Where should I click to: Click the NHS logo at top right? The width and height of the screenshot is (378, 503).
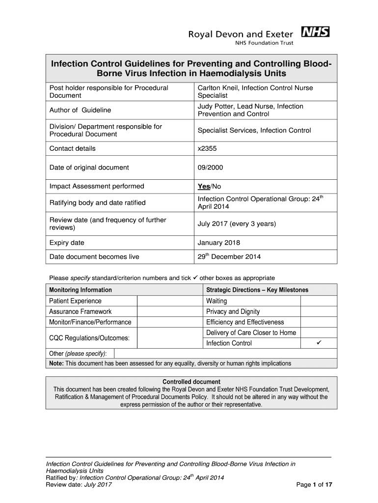click(315, 32)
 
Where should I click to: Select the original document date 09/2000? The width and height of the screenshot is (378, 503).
click(210, 168)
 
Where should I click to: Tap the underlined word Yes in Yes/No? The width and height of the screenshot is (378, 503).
click(203, 187)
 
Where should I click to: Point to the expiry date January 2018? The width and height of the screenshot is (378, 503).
click(218, 243)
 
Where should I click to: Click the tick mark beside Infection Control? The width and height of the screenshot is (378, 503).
click(318, 343)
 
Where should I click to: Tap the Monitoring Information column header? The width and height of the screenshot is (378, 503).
click(81, 290)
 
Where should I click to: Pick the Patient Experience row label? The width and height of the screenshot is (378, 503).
click(75, 301)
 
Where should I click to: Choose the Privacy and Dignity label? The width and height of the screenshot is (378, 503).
click(233, 311)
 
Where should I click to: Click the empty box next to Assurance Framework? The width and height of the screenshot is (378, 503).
click(169, 311)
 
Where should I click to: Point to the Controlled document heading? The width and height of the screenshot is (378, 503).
click(191, 382)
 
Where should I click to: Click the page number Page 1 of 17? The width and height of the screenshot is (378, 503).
click(315, 485)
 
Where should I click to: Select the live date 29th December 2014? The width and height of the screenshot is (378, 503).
click(229, 256)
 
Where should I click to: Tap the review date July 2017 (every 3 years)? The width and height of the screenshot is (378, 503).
click(237, 224)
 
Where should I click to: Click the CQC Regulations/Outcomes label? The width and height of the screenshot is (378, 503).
click(89, 338)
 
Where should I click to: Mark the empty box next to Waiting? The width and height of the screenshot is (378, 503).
click(318, 301)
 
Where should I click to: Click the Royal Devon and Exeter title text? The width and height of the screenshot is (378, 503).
click(241, 33)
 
